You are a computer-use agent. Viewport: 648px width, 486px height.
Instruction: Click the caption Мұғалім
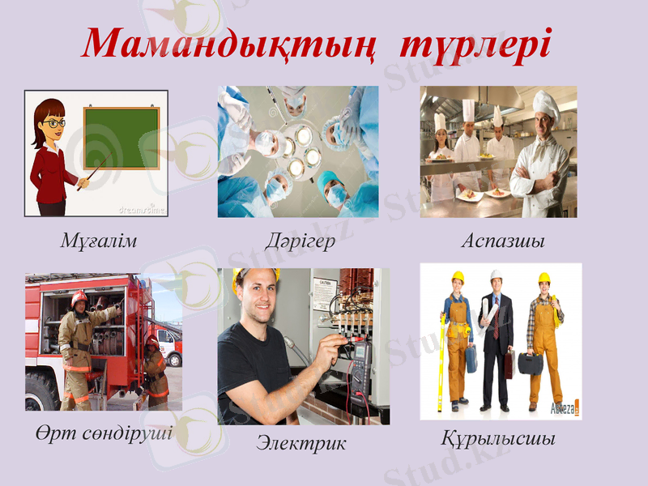tap(98, 241)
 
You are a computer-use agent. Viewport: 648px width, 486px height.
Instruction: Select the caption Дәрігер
tap(300, 241)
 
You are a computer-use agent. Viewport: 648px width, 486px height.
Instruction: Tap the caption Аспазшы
tap(502, 241)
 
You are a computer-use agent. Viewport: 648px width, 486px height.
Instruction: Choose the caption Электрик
tap(301, 443)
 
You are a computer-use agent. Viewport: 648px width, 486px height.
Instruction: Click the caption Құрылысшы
tap(498, 440)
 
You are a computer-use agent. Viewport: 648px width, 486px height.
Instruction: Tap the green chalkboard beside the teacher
tap(122, 139)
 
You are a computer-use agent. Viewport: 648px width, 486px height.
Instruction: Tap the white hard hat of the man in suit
tap(496, 276)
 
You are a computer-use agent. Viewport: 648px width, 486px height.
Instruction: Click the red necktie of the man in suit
tap(495, 323)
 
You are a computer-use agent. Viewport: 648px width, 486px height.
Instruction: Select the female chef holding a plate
tap(441, 146)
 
